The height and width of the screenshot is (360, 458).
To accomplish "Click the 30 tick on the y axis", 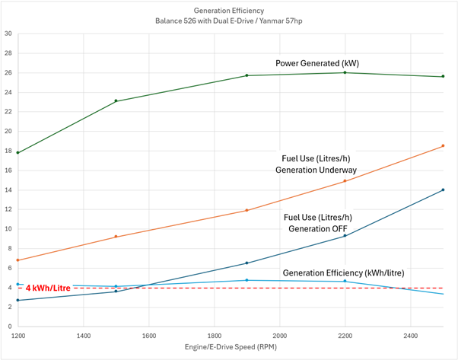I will [8, 33].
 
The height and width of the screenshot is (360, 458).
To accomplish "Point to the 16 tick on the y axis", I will [8, 170].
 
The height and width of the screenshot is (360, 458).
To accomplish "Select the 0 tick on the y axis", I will [10, 327].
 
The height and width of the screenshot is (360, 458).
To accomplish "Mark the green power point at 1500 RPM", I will [116, 100].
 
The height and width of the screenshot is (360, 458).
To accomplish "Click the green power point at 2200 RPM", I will [345, 72].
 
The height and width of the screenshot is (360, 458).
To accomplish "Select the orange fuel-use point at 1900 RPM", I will [246, 210].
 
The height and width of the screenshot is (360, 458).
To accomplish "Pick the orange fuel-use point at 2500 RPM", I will [443, 145].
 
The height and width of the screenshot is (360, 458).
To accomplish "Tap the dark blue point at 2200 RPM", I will [345, 235].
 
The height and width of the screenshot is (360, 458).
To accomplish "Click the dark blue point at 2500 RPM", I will [443, 190].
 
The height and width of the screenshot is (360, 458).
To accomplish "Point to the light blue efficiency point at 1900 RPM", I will [246, 280].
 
